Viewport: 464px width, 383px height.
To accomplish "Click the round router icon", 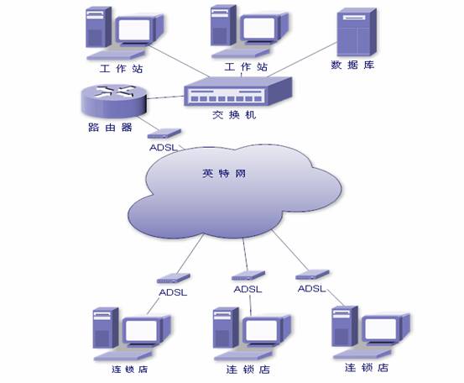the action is [x=113, y=101].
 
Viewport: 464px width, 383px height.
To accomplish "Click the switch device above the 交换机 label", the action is [x=238, y=92].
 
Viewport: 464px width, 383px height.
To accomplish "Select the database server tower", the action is [x=357, y=32].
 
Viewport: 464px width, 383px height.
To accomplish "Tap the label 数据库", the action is [x=352, y=65].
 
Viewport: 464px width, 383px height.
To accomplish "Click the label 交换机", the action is [x=234, y=114].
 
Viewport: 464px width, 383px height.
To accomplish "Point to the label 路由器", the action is [x=110, y=128].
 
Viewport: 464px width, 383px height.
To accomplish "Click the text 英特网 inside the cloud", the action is [x=224, y=173].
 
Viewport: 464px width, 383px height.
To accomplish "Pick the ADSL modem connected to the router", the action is [x=164, y=134].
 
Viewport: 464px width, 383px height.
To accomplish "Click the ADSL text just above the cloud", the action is [x=164, y=148].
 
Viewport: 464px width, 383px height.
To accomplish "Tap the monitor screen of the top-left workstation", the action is [x=133, y=29].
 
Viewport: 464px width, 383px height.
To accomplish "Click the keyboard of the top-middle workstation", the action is [x=240, y=53].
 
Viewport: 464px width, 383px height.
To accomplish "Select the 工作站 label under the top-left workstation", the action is [x=122, y=69].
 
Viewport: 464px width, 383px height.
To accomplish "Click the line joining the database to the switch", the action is [x=302, y=60].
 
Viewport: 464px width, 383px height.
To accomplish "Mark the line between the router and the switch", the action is [x=165, y=97].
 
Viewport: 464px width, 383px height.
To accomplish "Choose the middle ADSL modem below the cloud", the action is [x=248, y=275].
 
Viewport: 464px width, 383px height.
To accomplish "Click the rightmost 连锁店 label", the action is [x=367, y=368].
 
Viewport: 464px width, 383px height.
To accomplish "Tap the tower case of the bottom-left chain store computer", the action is [x=106, y=328].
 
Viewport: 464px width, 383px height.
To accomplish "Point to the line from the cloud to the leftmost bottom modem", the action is [x=190, y=254].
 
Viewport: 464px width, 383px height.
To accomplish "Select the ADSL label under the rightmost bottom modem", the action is [x=311, y=288].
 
